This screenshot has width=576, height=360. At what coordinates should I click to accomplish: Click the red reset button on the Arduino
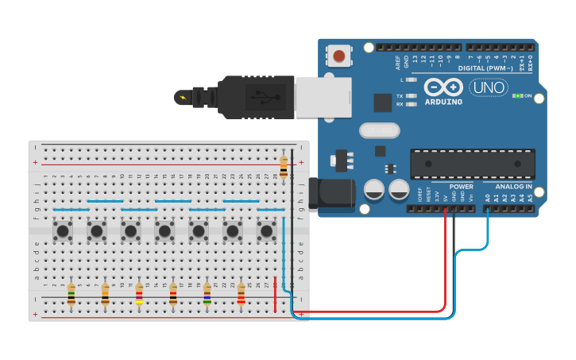click(x=339, y=56)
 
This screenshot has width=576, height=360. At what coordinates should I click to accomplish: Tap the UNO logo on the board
click(x=488, y=87)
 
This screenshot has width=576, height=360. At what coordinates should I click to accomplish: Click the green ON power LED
click(x=516, y=96)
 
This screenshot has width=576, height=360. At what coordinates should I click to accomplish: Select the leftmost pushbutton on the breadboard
click(x=63, y=231)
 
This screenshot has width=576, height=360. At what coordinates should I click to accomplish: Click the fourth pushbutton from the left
click(x=164, y=231)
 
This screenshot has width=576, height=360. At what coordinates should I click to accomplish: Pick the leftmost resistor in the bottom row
click(x=71, y=295)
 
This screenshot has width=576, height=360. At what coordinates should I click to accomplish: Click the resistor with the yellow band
click(x=139, y=295)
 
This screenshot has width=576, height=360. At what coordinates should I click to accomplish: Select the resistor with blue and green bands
click(x=207, y=295)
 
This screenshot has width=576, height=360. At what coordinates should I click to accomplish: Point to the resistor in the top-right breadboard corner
click(x=284, y=168)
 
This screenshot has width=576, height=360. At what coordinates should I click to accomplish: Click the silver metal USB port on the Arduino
click(x=323, y=97)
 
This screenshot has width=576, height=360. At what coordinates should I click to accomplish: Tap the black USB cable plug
click(x=254, y=97)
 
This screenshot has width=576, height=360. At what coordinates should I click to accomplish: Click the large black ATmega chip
click(x=472, y=164)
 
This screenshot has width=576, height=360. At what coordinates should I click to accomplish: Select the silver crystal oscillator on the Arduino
click(x=379, y=130)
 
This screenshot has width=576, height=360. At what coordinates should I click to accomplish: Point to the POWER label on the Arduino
click(x=461, y=187)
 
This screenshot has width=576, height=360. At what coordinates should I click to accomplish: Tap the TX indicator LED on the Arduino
click(x=411, y=95)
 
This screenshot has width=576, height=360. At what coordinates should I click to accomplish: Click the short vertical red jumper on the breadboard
click(x=276, y=295)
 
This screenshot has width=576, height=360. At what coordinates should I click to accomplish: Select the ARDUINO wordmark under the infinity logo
click(x=443, y=102)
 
